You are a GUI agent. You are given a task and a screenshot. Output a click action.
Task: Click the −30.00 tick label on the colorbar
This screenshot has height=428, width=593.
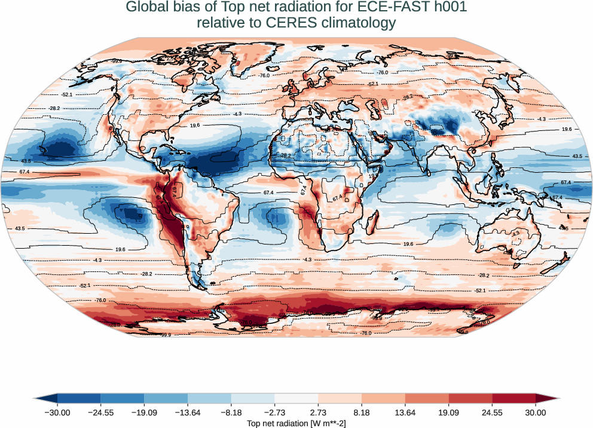(x=57, y=412)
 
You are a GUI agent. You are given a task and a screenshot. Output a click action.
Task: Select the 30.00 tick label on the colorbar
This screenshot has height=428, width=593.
(x=536, y=412)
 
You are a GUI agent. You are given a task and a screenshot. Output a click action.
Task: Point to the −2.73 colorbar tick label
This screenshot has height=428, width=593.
(x=274, y=412)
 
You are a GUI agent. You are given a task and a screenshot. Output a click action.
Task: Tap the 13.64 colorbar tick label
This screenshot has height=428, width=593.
(x=405, y=412)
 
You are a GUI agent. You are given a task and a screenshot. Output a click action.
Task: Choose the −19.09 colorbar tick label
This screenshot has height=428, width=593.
(x=144, y=412)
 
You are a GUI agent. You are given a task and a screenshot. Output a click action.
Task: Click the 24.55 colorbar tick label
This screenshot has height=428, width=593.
(x=492, y=412)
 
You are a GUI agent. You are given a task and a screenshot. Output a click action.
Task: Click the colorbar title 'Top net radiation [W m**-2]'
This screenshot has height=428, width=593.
(x=296, y=423)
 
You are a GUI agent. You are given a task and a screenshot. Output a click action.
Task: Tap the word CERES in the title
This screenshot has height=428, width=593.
(x=280, y=23)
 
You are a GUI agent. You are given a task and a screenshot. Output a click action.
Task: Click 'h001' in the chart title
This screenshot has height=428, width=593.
(x=450, y=7)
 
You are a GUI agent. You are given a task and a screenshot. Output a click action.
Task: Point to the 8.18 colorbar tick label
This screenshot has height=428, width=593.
(x=362, y=412)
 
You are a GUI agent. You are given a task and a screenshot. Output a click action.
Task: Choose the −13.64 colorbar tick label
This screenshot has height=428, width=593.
(x=188, y=412)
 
